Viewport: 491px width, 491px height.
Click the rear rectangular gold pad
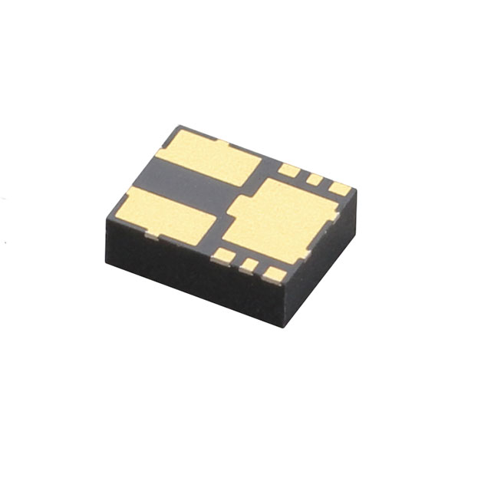(211, 157)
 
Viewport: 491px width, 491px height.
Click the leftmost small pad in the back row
(288, 170)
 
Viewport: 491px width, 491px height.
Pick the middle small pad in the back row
(314, 180)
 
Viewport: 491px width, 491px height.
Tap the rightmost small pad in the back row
(338, 188)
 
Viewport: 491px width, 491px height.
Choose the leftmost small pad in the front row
(223, 255)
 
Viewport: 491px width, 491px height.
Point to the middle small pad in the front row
(249, 265)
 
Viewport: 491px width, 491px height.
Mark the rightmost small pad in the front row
(275, 274)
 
